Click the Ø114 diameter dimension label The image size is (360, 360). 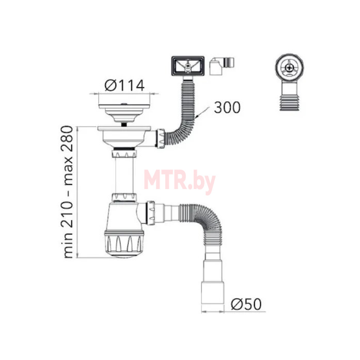coord(124,85)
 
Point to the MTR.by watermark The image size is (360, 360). coord(179,181)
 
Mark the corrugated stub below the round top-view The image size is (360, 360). coord(289,98)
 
